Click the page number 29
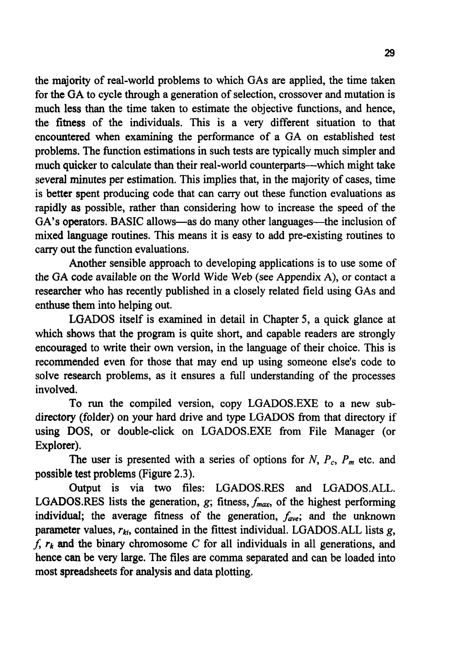pos(389,53)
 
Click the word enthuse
pos(52,305)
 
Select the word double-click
pos(146,431)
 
